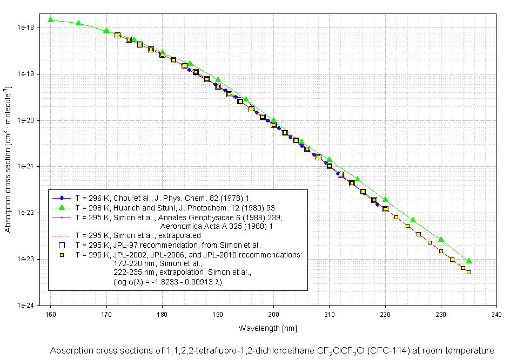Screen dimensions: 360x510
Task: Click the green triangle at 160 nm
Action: pyautogui.click(x=50, y=20)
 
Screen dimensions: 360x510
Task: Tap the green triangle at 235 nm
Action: pyautogui.click(x=469, y=261)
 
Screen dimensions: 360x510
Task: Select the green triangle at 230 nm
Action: pyautogui.click(x=441, y=239)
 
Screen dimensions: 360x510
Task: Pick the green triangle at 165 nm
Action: pyautogui.click(x=78, y=23)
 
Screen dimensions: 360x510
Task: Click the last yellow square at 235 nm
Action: pyautogui.click(x=469, y=272)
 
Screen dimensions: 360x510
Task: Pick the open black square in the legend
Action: pyautogui.click(x=62, y=244)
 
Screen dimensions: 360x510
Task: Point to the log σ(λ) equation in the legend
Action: pyautogui.click(x=167, y=282)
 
